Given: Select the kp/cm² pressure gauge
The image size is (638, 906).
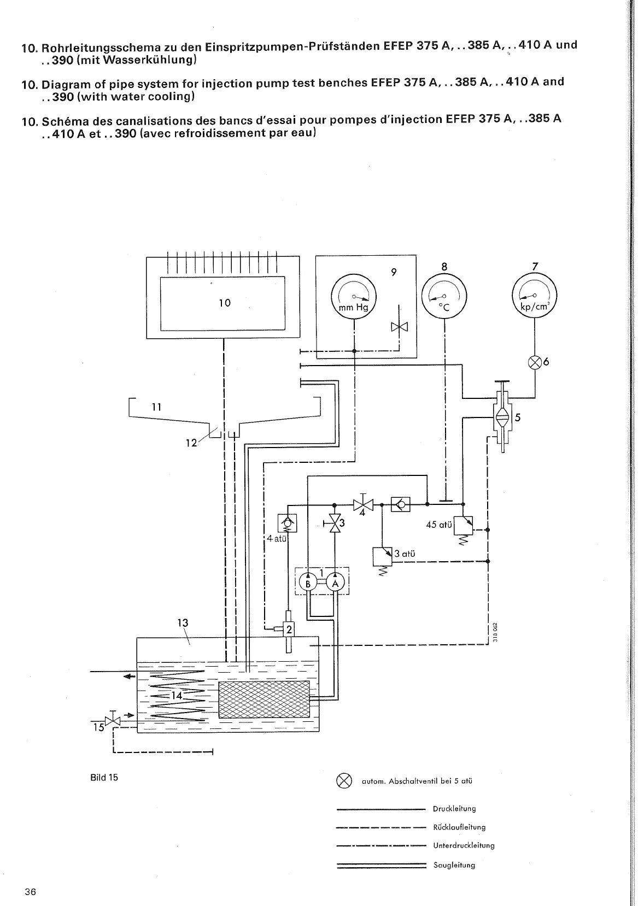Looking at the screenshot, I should point(534,298).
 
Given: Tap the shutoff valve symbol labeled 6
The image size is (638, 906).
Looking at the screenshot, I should point(535,362).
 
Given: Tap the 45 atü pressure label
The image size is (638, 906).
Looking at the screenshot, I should point(439,525).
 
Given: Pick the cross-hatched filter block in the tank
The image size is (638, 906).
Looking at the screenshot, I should point(264,699).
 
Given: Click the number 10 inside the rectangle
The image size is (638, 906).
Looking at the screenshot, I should point(225,303).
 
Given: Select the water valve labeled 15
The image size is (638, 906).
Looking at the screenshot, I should point(113,721).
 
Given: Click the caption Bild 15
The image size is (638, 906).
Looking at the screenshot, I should point(104,777).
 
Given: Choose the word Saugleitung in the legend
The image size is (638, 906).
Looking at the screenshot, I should point(454,865).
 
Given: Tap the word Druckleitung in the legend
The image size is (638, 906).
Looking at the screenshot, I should point(454,809).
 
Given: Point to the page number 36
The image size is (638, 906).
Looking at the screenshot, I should point(30,892).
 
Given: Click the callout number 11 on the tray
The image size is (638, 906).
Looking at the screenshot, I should point(157,407).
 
